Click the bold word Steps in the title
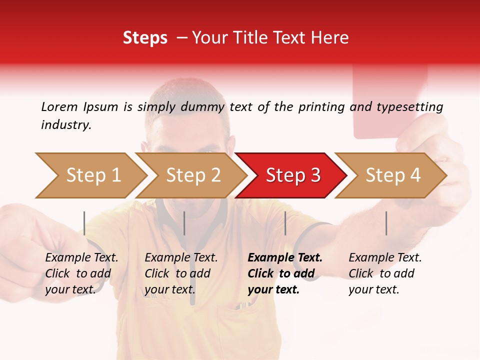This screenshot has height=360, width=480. [x=145, y=38]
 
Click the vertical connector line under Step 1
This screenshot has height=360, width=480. [x=84, y=223]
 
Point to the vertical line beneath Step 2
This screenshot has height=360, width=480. [x=184, y=223]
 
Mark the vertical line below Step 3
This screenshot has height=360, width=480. [x=285, y=223]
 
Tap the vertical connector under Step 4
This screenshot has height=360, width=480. [x=386, y=223]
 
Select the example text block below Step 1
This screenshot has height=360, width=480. [x=81, y=273]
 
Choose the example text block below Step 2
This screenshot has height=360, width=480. [x=181, y=273]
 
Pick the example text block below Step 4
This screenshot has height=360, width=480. [x=385, y=273]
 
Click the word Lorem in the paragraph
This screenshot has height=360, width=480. [x=59, y=106]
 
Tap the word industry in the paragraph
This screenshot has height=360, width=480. [x=65, y=125]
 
